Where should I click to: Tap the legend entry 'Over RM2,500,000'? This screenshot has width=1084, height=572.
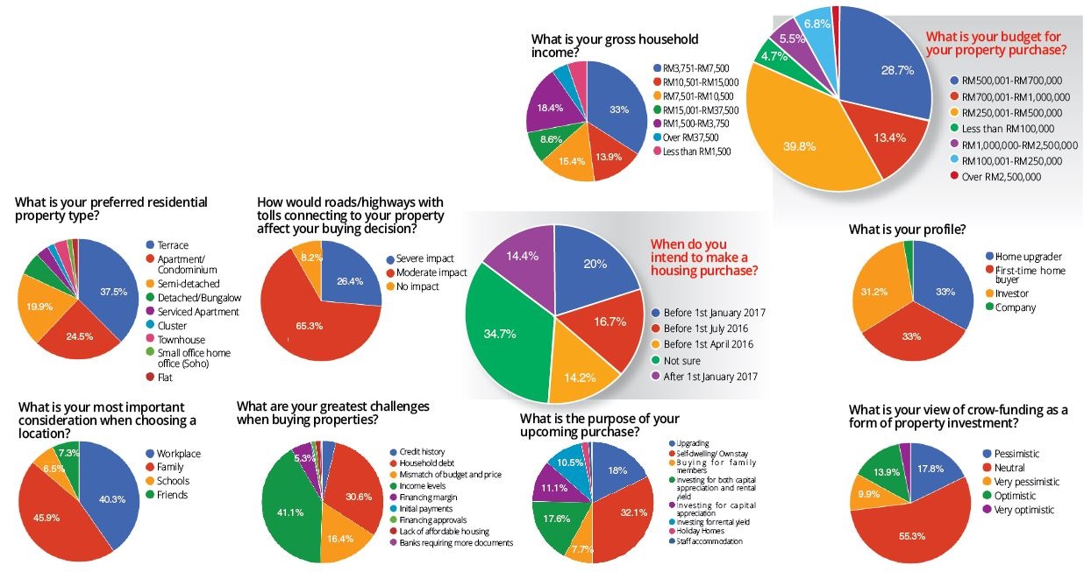pos(1001,177)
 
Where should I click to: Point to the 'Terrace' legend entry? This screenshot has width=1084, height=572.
pos(172,246)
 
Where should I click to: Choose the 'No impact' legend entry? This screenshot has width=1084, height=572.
pos(419,286)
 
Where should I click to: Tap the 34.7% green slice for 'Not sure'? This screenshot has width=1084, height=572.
pos(500,333)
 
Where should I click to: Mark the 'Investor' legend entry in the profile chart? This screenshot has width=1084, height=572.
pos(1010,294)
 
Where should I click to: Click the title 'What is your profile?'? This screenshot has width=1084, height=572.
pos(907,230)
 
